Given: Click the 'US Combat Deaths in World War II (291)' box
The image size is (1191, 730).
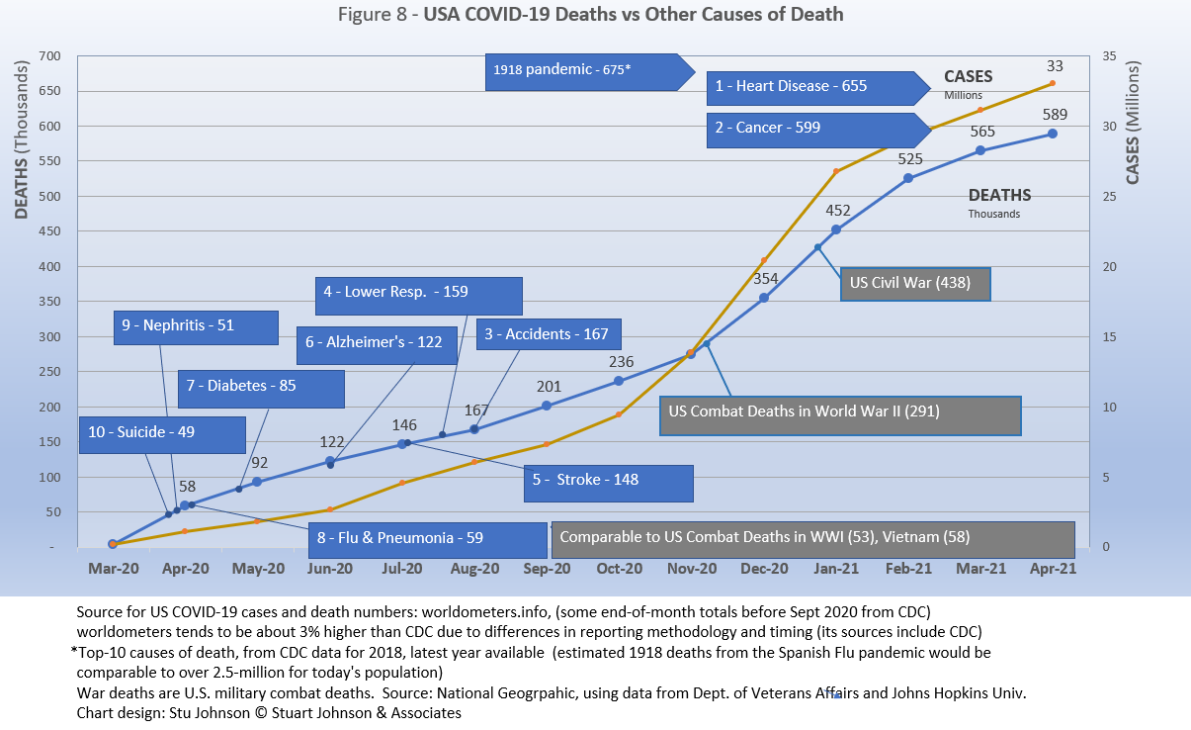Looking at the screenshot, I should pos(839,411).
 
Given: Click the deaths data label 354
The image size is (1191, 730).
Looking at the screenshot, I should pos(765,278).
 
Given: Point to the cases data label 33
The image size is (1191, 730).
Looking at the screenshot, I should pos(1054,66).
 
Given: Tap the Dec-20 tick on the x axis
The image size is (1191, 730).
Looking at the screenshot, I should pos(764,569).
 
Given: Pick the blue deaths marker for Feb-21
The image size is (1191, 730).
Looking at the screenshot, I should pos(908,178).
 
